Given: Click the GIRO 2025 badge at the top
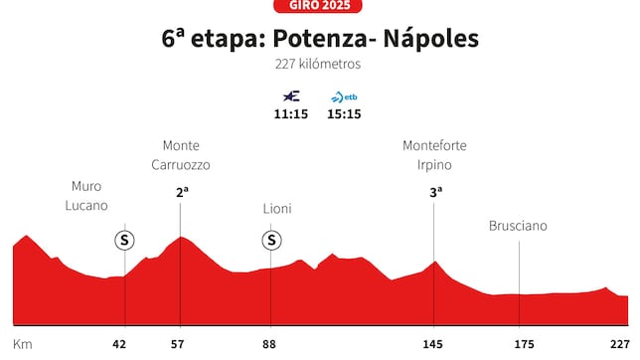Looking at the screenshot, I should click(320, 5).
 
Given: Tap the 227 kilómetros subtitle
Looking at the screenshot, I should click(319, 65).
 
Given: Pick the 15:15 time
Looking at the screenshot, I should click(345, 113).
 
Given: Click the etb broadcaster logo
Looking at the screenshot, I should click(345, 96).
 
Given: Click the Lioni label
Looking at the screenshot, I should click(277, 209).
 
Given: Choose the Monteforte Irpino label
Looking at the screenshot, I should click(434, 154).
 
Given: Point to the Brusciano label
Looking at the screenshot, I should click(518, 226).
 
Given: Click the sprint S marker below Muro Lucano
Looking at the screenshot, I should click(124, 240).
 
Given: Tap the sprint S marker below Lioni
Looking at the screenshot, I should click(271, 240).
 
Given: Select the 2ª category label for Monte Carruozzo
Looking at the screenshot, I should click(182, 193).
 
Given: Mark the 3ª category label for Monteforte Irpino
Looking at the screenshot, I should click(435, 193).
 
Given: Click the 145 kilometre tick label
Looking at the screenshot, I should click(434, 344).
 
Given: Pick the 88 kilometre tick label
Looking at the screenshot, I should click(271, 344).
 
